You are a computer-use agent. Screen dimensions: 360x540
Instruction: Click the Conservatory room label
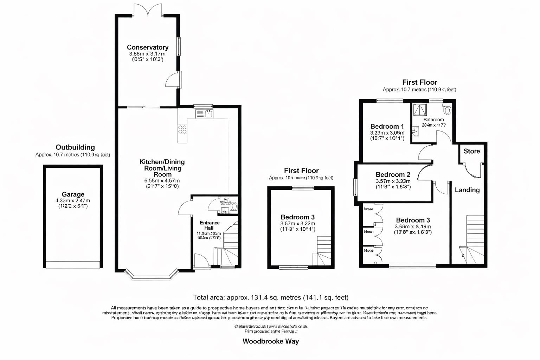tap(147, 47)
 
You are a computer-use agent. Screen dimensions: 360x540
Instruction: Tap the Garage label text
tap(73, 194)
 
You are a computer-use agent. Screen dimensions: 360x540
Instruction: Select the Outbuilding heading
tap(75, 147)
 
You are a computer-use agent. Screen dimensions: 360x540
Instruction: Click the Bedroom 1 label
tap(387, 127)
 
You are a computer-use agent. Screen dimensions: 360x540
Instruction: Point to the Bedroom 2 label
tap(393, 175)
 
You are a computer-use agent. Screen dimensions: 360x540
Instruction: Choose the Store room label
tap(471, 151)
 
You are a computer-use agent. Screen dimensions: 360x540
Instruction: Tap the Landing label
tap(467, 190)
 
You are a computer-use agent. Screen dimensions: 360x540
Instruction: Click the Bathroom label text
tap(433, 120)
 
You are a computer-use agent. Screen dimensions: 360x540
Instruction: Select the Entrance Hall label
tap(210, 225)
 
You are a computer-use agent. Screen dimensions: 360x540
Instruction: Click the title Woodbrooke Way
tap(271, 341)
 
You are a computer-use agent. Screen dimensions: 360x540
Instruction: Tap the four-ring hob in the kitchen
tap(182, 129)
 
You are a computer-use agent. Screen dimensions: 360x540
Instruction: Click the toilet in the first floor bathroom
tap(447, 110)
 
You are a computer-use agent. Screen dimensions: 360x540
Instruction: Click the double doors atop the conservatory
tap(148, 10)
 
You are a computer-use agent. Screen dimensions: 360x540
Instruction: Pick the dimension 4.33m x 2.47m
tap(73, 201)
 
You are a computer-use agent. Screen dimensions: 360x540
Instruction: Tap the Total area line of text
tap(271, 297)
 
